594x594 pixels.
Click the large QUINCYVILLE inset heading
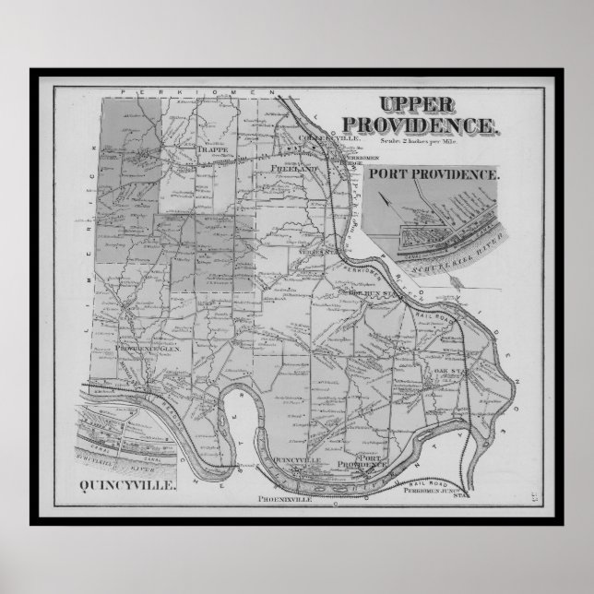click(x=128, y=483)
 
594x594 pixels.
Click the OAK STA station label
click(x=446, y=371)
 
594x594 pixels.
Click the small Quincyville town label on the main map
click(x=298, y=458)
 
